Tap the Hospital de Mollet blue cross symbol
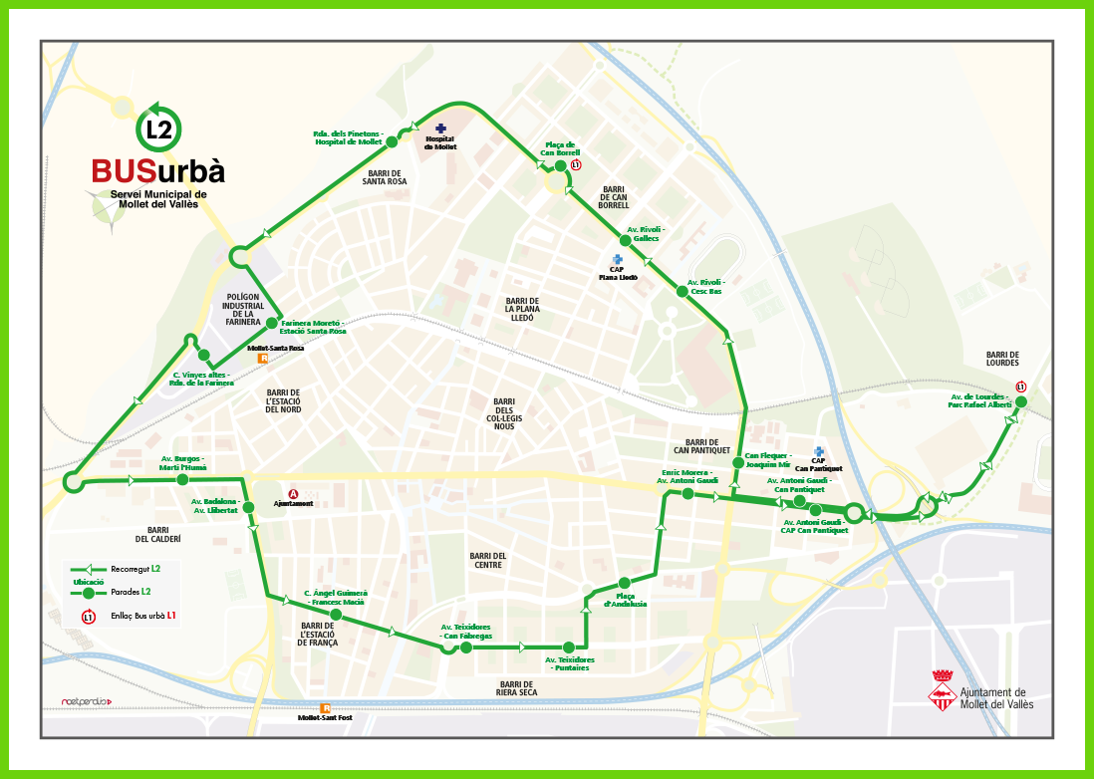(440, 129)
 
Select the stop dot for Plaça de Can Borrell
(560, 166)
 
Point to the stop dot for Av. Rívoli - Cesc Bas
(683, 291)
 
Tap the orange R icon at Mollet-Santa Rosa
(263, 359)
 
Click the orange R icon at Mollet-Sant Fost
(325, 708)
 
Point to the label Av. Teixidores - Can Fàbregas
(466, 631)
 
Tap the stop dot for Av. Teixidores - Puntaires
(568, 647)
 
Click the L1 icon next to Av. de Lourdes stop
(1020, 388)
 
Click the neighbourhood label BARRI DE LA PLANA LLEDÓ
(521, 309)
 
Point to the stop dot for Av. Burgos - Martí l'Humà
(182, 479)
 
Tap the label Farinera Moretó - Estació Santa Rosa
(313, 327)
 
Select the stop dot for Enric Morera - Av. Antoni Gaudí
(688, 493)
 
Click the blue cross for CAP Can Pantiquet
(819, 451)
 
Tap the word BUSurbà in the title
(157, 171)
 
